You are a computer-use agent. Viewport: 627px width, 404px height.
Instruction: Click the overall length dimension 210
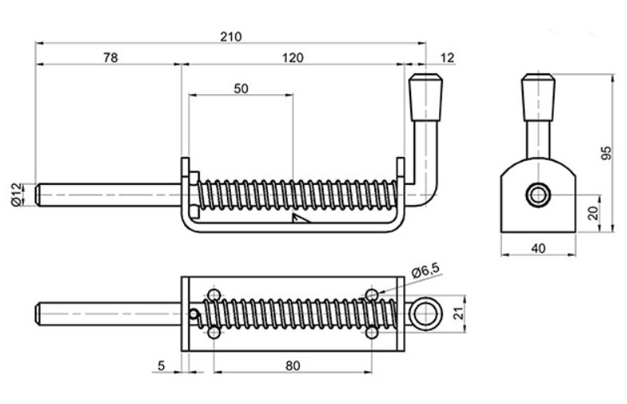tap(232, 37)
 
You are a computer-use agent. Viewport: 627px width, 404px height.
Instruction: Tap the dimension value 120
tap(294, 58)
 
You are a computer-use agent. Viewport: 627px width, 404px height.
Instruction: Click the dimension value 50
tap(241, 88)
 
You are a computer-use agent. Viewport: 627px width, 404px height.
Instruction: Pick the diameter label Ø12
tap(17, 194)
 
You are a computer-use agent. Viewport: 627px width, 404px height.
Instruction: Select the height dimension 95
tap(606, 153)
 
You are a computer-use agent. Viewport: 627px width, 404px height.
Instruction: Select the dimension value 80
tap(292, 366)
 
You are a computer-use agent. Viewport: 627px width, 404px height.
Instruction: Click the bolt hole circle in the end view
tap(538, 194)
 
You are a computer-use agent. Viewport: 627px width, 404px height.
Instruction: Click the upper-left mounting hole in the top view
tap(214, 296)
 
